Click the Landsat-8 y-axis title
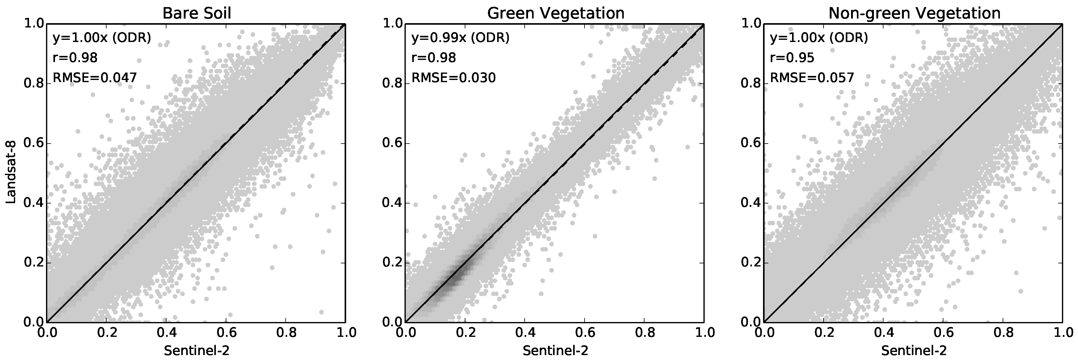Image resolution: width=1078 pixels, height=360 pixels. tap(11, 173)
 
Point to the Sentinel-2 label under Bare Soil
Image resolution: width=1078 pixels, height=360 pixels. tap(196, 350)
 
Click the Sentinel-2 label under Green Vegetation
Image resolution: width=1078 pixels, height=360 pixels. tap(555, 350)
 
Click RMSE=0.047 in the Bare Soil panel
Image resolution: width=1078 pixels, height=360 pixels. tap(94, 77)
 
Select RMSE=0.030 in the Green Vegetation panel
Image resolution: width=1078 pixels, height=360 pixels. tap(454, 77)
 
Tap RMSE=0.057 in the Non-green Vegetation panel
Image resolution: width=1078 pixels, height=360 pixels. tap(812, 77)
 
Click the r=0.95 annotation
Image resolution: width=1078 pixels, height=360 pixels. tap(792, 58)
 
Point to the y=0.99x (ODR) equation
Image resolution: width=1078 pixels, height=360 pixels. tap(460, 38)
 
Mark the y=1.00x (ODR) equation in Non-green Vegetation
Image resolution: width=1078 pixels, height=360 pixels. tap(819, 38)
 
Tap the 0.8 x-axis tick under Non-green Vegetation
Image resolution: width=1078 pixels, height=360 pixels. tap(1003, 333)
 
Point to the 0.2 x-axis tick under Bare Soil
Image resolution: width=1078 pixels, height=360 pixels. tap(106, 333)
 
